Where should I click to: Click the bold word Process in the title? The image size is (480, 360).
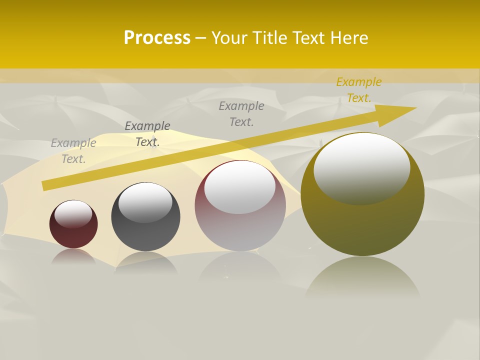tap(157, 38)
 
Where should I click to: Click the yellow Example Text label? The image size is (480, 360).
tap(358, 90)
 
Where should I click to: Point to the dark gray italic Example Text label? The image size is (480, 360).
tap(147, 134)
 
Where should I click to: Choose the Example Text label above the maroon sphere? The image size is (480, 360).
tap(73, 151)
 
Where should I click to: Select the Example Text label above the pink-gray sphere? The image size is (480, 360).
tap(241, 113)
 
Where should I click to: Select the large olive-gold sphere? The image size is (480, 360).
tap(362, 225)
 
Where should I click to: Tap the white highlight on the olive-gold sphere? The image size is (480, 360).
tap(361, 167)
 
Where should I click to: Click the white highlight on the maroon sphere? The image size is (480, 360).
tap(73, 213)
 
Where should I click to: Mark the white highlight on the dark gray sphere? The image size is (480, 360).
tap(145, 202)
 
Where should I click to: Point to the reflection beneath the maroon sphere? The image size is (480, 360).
tap(73, 256)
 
